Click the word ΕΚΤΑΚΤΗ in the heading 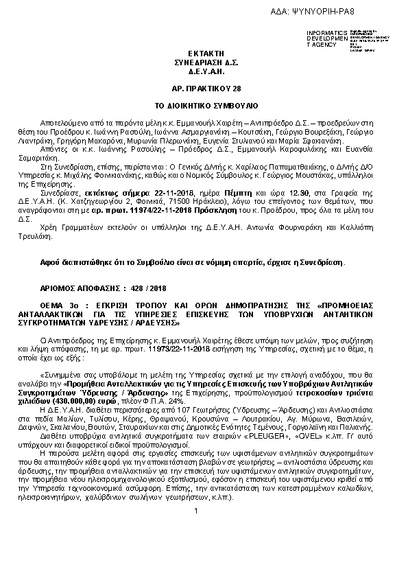204,53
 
